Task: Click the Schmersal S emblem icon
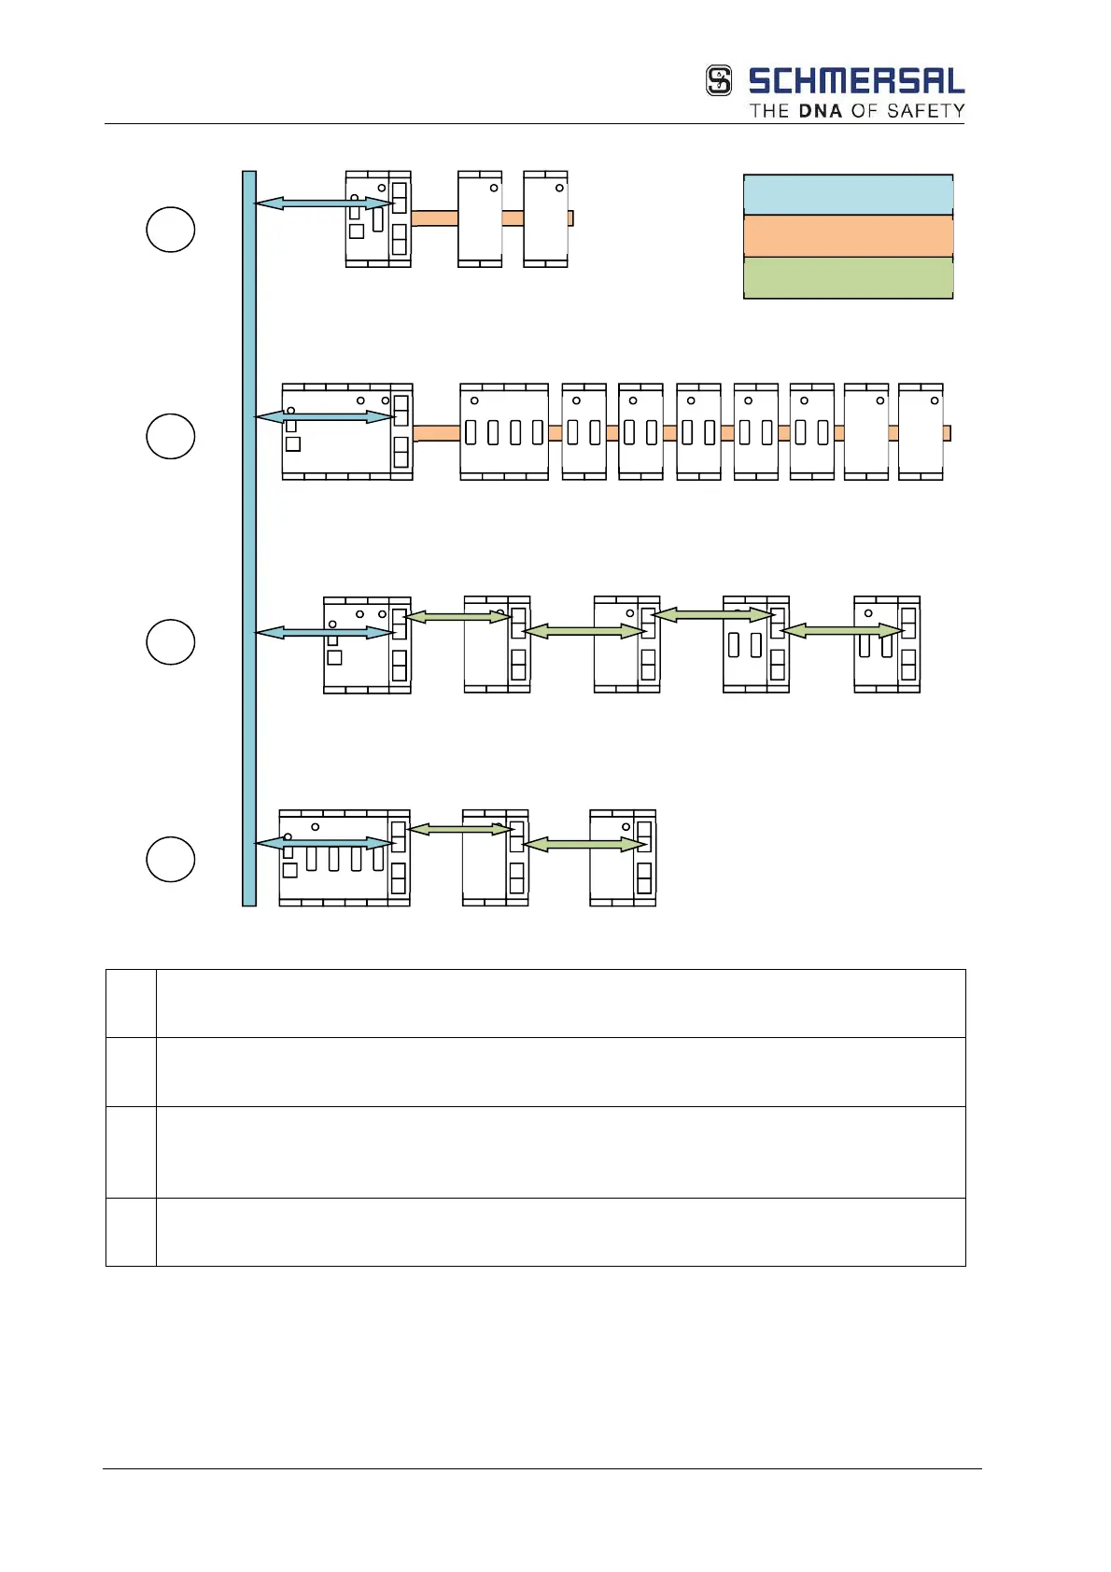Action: click(719, 80)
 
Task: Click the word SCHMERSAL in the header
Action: click(856, 81)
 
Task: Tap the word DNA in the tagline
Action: click(821, 111)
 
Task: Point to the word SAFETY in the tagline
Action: click(925, 111)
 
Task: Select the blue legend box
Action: click(848, 195)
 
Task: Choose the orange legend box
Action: click(848, 236)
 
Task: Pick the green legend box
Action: click(848, 278)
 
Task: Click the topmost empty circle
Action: click(171, 230)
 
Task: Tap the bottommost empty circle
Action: click(171, 860)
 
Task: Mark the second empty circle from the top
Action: click(171, 436)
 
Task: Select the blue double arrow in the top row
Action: click(324, 203)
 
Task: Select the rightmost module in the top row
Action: click(546, 219)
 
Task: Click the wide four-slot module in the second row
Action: click(504, 431)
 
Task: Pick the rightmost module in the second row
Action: click(921, 431)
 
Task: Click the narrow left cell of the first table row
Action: click(131, 1004)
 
